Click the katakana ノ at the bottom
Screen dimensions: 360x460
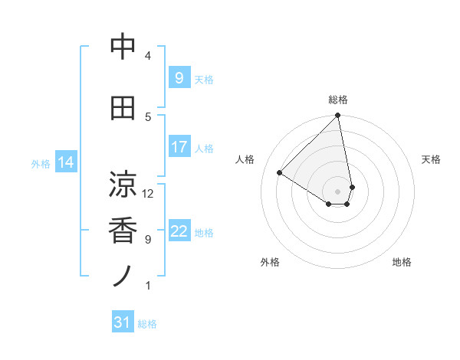(123, 276)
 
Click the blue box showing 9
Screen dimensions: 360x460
(179, 77)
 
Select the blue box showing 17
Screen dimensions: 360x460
(179, 146)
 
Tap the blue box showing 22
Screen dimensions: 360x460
(179, 231)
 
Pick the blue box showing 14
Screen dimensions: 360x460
(66, 162)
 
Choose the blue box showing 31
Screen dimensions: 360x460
(123, 322)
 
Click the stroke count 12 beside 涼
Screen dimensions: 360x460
(148, 193)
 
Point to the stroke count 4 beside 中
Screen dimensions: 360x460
(148, 55)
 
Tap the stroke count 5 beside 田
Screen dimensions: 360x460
(148, 116)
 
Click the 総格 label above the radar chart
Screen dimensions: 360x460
(338, 100)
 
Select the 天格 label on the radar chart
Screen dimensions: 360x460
(431, 159)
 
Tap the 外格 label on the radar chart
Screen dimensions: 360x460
(270, 262)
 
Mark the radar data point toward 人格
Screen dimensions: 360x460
(280, 173)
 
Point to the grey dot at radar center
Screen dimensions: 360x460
(338, 191)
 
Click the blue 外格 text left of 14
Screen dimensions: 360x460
(40, 163)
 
